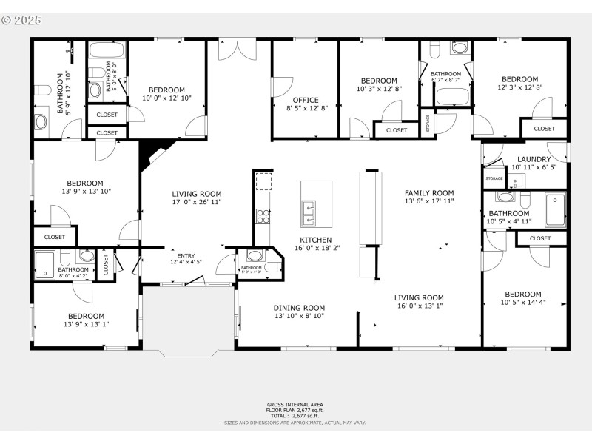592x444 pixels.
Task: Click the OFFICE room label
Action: click(x=305, y=100)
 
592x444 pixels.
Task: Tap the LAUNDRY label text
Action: click(x=534, y=159)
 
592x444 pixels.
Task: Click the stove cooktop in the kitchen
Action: click(x=263, y=216)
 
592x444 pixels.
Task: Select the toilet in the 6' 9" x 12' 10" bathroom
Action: click(x=43, y=90)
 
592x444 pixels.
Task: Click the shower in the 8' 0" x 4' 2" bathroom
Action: click(x=46, y=264)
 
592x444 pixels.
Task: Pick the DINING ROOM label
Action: click(x=299, y=308)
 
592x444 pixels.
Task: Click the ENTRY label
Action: click(x=185, y=255)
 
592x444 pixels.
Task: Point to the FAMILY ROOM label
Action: click(x=428, y=192)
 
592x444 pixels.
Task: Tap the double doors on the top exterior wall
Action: click(x=238, y=49)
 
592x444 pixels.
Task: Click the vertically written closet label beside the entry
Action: click(x=105, y=264)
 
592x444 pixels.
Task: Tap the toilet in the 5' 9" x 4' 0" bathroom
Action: click(x=255, y=256)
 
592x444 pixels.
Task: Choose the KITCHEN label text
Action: click(x=315, y=240)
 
